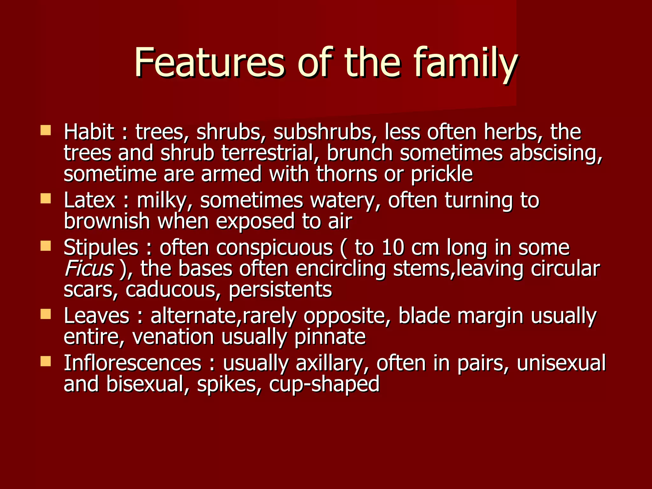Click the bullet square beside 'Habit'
(46, 130)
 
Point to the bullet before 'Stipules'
(46, 246)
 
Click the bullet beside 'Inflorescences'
(46, 361)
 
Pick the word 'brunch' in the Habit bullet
(359, 153)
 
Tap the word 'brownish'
(107, 221)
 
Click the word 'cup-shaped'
(324, 384)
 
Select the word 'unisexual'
(561, 363)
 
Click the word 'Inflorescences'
(132, 363)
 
